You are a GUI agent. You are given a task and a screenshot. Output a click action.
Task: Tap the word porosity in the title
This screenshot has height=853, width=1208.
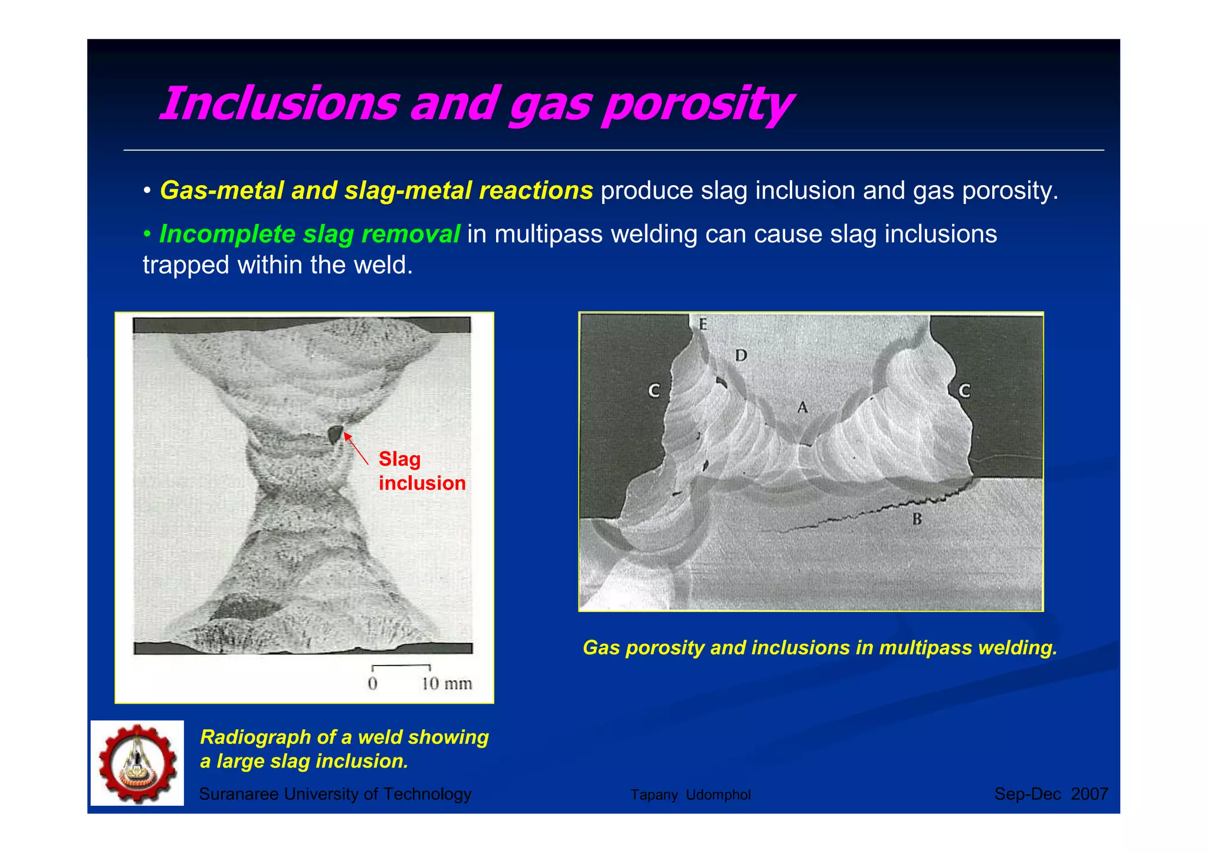[x=696, y=105]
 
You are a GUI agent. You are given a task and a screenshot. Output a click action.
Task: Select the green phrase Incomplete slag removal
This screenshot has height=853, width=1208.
[x=309, y=234]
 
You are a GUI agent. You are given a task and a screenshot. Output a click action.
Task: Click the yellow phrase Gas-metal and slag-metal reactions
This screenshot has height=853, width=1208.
[x=376, y=190]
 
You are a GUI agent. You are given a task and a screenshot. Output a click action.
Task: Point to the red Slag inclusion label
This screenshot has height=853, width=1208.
[x=421, y=471]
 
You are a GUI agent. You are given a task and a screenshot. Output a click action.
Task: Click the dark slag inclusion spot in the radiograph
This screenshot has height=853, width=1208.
[x=334, y=434]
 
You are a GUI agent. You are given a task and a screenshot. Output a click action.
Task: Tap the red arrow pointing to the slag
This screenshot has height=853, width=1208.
[x=356, y=449]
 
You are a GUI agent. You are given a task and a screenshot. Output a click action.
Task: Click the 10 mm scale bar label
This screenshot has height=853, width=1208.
[x=447, y=684]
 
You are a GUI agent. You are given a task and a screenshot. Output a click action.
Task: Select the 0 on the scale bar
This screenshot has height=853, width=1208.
[x=372, y=684]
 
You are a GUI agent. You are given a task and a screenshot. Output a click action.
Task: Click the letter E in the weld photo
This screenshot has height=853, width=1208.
[x=703, y=324]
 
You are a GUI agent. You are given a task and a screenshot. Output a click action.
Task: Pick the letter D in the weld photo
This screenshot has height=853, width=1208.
[x=741, y=355]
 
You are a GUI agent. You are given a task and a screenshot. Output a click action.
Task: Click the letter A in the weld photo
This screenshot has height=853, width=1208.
[x=802, y=407]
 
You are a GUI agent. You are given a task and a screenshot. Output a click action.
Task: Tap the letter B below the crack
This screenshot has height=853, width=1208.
[x=917, y=519]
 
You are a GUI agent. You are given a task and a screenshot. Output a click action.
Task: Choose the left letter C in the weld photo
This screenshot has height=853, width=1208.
[x=654, y=391]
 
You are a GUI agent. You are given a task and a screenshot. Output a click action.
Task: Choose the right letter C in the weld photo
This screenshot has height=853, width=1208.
[x=964, y=391]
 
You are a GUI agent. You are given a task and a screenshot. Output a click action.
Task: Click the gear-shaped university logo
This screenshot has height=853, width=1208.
[x=137, y=763]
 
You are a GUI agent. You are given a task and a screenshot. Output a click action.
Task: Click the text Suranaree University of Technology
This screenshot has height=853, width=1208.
[x=335, y=794]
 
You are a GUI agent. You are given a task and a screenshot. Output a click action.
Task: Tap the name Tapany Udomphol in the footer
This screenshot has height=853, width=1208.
[x=690, y=795]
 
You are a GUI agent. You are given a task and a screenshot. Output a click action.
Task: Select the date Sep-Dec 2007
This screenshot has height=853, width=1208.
[x=1051, y=794]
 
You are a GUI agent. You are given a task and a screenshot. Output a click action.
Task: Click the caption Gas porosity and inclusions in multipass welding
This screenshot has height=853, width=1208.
[x=819, y=648]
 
